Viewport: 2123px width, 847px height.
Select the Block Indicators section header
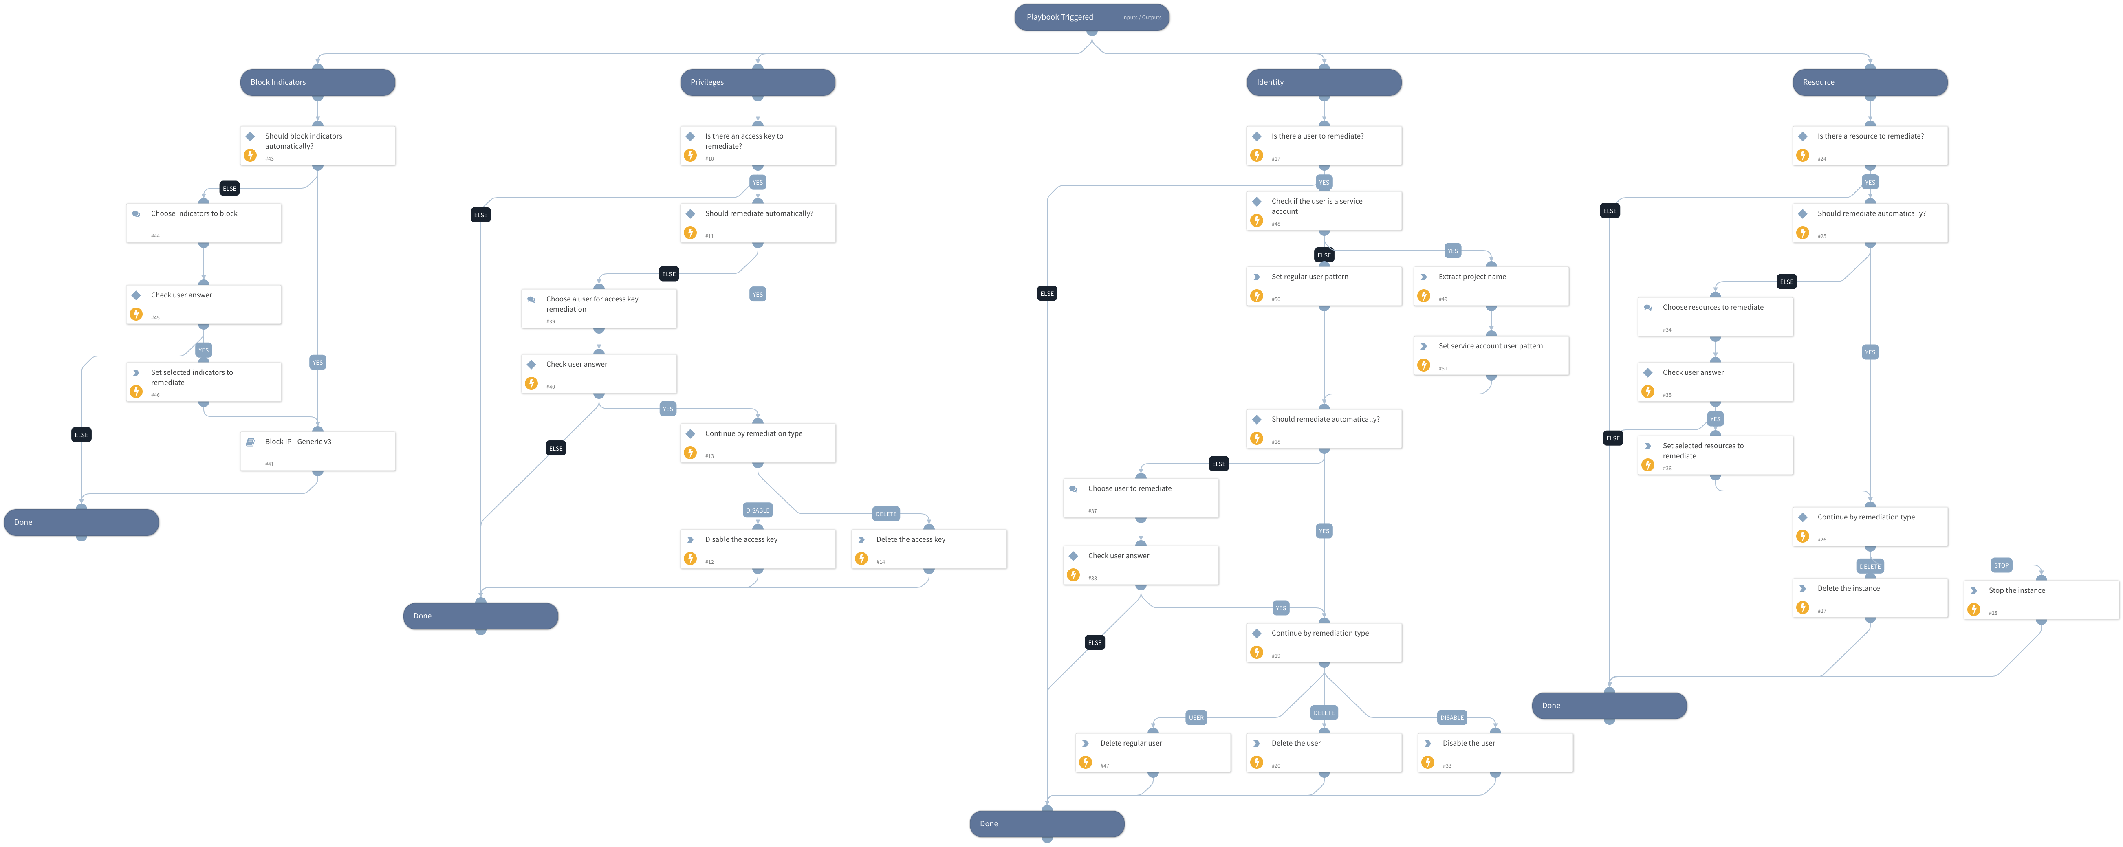(x=317, y=82)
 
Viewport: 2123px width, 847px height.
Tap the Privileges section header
(x=757, y=82)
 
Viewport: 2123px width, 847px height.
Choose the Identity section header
(x=1323, y=82)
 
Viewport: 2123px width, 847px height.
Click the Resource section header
(x=1869, y=82)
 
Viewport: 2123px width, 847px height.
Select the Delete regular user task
(x=1152, y=752)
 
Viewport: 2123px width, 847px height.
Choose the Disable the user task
(x=1494, y=752)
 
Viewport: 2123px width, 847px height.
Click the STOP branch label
(x=2001, y=565)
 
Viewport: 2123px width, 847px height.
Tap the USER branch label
(x=1196, y=717)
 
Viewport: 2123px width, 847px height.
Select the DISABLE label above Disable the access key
(x=758, y=510)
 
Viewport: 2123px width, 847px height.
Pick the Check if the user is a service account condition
(x=1323, y=211)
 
